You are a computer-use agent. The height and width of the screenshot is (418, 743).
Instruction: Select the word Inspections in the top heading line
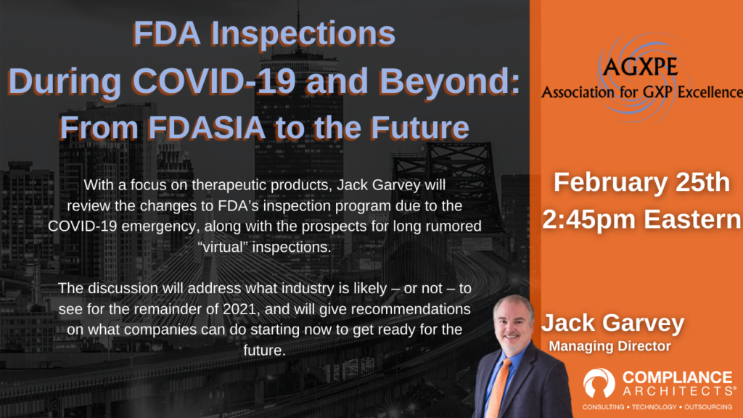coord(303,34)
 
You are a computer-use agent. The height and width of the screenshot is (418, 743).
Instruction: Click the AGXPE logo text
coord(640,66)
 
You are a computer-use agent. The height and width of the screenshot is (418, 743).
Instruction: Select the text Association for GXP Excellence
coord(642,91)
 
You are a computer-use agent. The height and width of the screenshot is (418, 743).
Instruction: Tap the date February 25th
coord(641,182)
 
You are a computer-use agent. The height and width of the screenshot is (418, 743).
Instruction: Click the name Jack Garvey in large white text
coord(612,323)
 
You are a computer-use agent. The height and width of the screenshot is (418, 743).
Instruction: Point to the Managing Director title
coord(609,346)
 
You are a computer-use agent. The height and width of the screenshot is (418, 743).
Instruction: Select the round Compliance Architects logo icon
coord(599,382)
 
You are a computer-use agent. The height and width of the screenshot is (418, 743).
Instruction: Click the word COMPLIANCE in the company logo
coord(677,377)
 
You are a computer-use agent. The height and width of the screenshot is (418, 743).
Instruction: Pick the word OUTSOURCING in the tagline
coord(708,407)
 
